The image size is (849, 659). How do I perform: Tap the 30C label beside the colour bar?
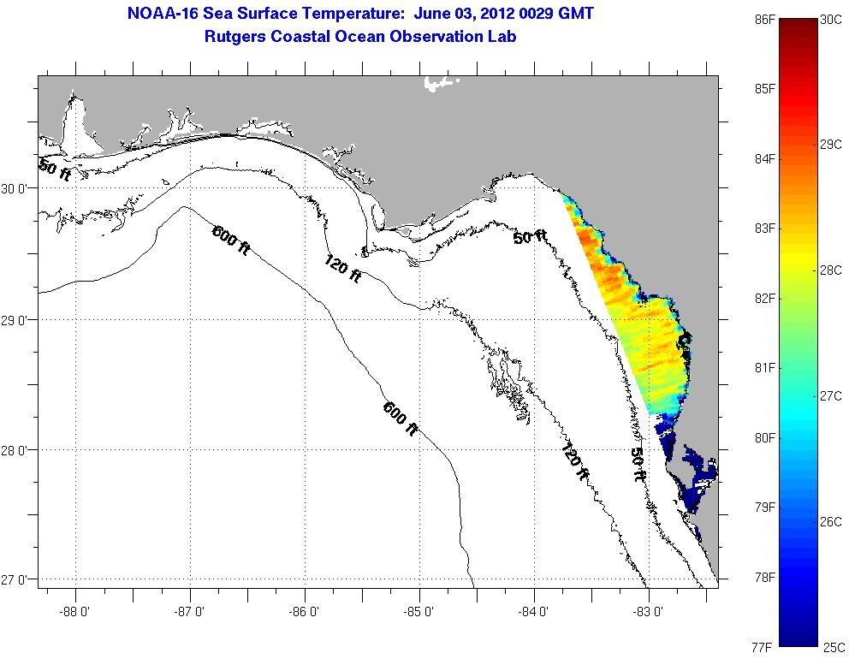point(829,18)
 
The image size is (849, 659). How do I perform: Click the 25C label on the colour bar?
point(830,648)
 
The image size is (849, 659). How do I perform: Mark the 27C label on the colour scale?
point(830,396)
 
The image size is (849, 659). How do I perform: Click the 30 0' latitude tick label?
point(18,188)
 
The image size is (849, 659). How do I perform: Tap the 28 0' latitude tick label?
point(18,450)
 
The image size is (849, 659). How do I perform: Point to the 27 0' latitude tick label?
point(18,580)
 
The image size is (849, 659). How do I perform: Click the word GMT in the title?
point(575,14)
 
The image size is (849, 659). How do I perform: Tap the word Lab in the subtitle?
point(502,37)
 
